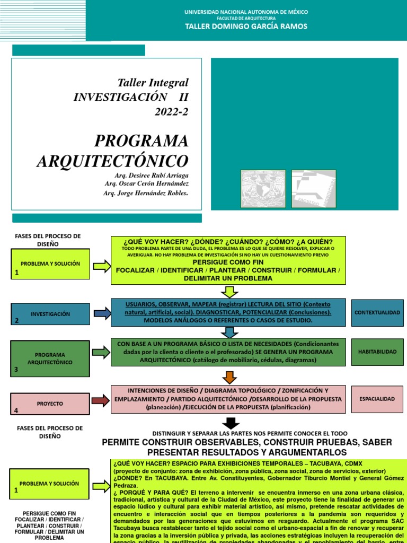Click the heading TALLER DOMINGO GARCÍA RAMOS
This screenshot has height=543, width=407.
coord(245,27)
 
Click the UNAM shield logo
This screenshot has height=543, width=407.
coord(263,189)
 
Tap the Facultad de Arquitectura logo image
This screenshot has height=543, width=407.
coord(313,189)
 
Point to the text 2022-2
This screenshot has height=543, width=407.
coord(171,111)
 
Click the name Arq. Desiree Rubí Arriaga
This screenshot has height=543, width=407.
coord(151,175)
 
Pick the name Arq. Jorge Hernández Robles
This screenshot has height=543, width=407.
coord(146,192)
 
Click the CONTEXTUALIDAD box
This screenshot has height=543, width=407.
coord(377,313)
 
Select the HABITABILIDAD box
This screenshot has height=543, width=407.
coord(377,352)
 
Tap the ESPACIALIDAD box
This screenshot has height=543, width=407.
coord(377,398)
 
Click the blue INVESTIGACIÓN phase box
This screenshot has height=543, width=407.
coord(50,314)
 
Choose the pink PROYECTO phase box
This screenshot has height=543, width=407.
coord(50,404)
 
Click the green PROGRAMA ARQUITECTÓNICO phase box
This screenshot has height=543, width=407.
coord(50,358)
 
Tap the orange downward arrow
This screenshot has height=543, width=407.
coord(229,377)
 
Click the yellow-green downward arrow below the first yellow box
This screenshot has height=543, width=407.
coord(229,292)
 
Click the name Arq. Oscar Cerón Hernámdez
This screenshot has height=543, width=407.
coord(147,183)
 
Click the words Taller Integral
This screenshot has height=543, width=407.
coord(153,82)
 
